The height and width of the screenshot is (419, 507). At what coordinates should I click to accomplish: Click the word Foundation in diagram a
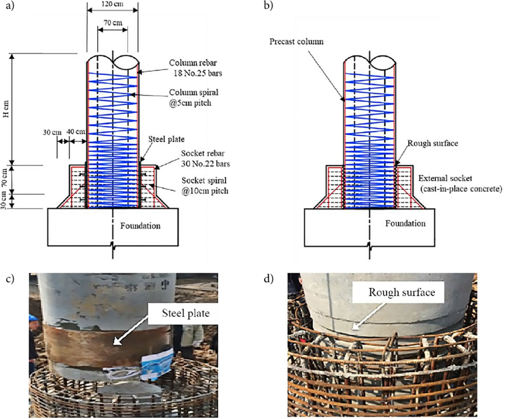coord(140,226)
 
